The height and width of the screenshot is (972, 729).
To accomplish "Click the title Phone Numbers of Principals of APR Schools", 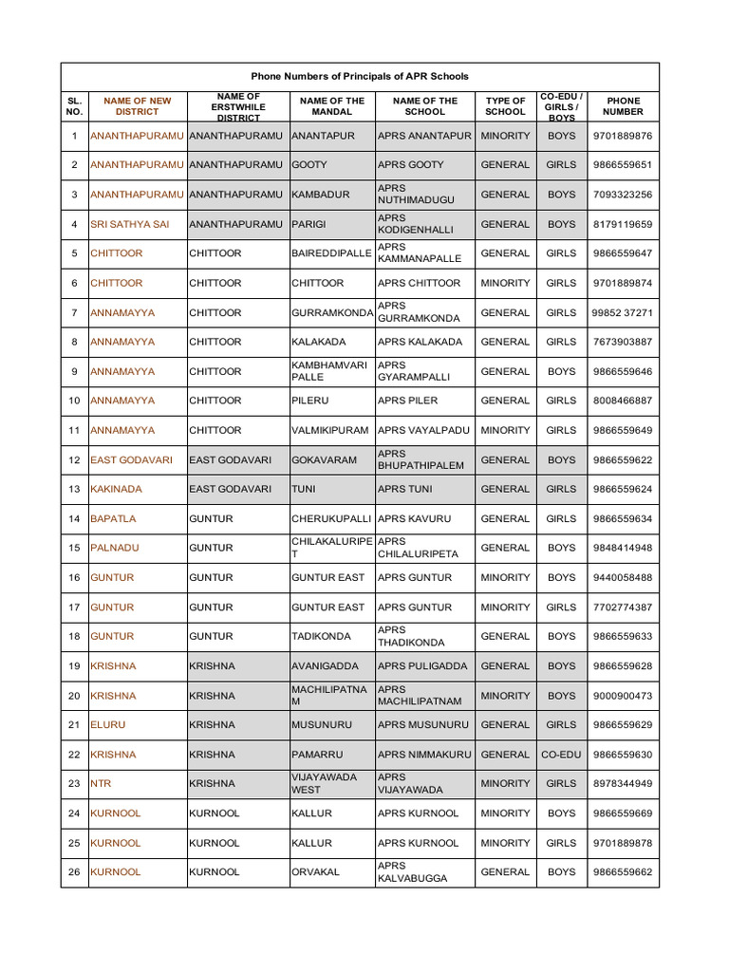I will tap(360, 76).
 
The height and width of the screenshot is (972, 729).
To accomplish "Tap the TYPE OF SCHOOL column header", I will tap(505, 106).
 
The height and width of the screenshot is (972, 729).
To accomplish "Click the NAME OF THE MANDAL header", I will tap(331, 106).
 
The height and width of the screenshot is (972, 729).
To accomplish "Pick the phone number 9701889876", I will tap(622, 136).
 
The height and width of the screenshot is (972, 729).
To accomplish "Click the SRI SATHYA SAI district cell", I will tap(130, 224).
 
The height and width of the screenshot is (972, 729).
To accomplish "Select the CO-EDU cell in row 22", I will tap(561, 755).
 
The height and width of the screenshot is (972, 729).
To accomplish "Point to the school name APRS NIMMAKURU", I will tap(423, 755).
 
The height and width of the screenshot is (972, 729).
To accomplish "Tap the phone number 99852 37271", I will tap(622, 312).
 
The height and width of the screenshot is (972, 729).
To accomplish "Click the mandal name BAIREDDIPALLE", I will tap(331, 253).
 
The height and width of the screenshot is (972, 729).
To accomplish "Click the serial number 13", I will tap(74, 489).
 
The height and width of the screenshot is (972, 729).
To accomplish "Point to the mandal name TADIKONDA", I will tap(321, 637).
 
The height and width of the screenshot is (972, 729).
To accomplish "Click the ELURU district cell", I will tap(108, 725).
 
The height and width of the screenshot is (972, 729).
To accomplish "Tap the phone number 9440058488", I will tap(622, 577).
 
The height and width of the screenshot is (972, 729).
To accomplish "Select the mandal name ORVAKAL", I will tap(315, 872).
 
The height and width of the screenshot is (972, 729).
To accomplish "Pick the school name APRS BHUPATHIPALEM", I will tap(421, 459).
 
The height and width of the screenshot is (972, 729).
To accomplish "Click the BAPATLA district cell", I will tap(113, 518).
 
